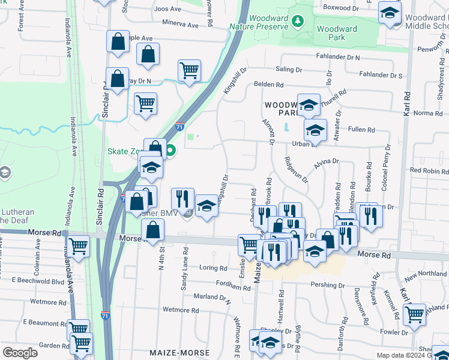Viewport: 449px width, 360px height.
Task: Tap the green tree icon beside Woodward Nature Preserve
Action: [x=296, y=22]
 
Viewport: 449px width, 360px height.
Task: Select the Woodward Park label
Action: [x=337, y=33]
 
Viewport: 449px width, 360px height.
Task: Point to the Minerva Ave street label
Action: [x=178, y=25]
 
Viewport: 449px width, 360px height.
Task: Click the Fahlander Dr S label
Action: [x=380, y=76]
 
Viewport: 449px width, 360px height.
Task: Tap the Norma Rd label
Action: [x=427, y=113]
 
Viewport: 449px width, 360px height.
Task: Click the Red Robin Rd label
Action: [x=429, y=170]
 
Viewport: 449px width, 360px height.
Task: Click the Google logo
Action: [x=20, y=353]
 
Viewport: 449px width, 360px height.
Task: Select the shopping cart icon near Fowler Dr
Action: [x=414, y=313]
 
